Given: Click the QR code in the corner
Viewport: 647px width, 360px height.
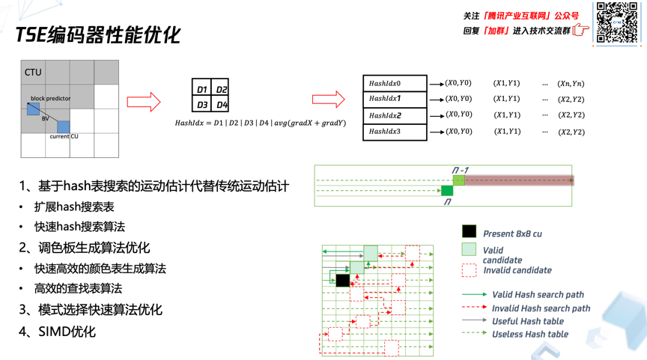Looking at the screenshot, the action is click(617, 23).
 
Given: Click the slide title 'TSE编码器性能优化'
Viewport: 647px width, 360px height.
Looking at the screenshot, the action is click(97, 34).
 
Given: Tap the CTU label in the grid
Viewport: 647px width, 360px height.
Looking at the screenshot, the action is click(33, 73).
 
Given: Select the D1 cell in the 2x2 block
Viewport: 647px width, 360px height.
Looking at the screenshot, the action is click(201, 89).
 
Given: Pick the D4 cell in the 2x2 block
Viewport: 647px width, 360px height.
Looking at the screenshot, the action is click(221, 105).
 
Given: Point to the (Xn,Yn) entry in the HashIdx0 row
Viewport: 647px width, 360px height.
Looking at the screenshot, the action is click(571, 84).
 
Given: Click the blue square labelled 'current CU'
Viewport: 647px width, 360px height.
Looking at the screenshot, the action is click(64, 127).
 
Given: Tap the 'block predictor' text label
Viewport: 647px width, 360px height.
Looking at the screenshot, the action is click(51, 98).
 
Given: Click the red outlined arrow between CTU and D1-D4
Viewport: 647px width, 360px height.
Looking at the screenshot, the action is click(144, 102).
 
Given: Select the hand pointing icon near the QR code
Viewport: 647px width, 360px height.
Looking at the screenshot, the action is click(581, 31).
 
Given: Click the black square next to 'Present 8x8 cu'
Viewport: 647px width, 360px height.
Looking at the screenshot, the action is click(469, 232).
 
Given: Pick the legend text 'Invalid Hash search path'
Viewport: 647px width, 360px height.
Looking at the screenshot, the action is click(541, 308).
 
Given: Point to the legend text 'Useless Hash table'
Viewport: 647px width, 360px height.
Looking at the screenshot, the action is click(529, 335).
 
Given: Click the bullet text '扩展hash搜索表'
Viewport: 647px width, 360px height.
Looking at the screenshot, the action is click(74, 207).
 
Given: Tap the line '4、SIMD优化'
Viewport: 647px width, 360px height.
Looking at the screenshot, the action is click(58, 331).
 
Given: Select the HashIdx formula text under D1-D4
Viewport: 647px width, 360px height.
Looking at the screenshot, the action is click(260, 123).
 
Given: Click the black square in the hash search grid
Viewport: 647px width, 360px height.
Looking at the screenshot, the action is click(342, 280).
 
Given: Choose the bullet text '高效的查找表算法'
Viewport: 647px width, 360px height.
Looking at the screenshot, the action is click(78, 288).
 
